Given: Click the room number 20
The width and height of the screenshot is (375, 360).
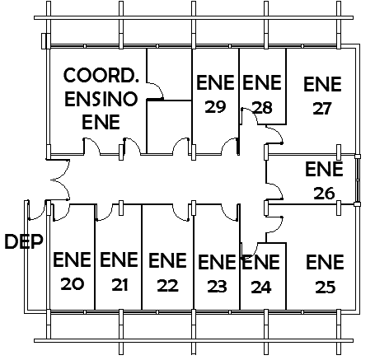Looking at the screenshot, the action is coord(73,284).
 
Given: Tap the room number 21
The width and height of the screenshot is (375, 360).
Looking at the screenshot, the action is coord(120,285).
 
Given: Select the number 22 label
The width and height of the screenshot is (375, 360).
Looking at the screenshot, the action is coord(167,286).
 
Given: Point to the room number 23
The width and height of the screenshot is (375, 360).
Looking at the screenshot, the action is coord(217,287).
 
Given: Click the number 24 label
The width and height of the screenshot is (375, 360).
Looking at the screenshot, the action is coord(261,288).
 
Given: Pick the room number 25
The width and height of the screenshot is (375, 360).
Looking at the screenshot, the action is coord(326,288).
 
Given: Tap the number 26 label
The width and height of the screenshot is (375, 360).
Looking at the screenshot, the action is coord(324,194).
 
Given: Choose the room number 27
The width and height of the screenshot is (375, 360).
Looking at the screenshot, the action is coord(322,109).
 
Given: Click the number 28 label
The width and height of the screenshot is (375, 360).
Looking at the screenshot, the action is coord(262,108).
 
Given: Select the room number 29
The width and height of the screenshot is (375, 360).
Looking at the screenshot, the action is coord(215,107).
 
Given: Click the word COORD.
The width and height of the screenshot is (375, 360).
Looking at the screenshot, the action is coord(101,75).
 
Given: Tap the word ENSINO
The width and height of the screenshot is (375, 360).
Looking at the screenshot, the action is coord(101,99).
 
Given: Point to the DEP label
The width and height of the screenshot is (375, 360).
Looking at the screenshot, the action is coord(24,241).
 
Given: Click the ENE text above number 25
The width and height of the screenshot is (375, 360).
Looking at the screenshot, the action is coord(325,262).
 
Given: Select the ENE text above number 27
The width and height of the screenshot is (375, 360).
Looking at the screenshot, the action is coord(322,84).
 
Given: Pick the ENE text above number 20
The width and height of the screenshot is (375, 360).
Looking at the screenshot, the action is coord(72,259).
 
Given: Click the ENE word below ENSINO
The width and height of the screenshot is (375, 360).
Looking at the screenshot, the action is coord(101,122).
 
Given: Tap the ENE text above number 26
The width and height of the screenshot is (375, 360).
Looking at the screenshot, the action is coord(324,169).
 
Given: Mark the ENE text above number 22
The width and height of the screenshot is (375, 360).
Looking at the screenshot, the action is coord(167,260).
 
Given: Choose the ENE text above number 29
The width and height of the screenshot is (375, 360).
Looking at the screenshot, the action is coord(215,82).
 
